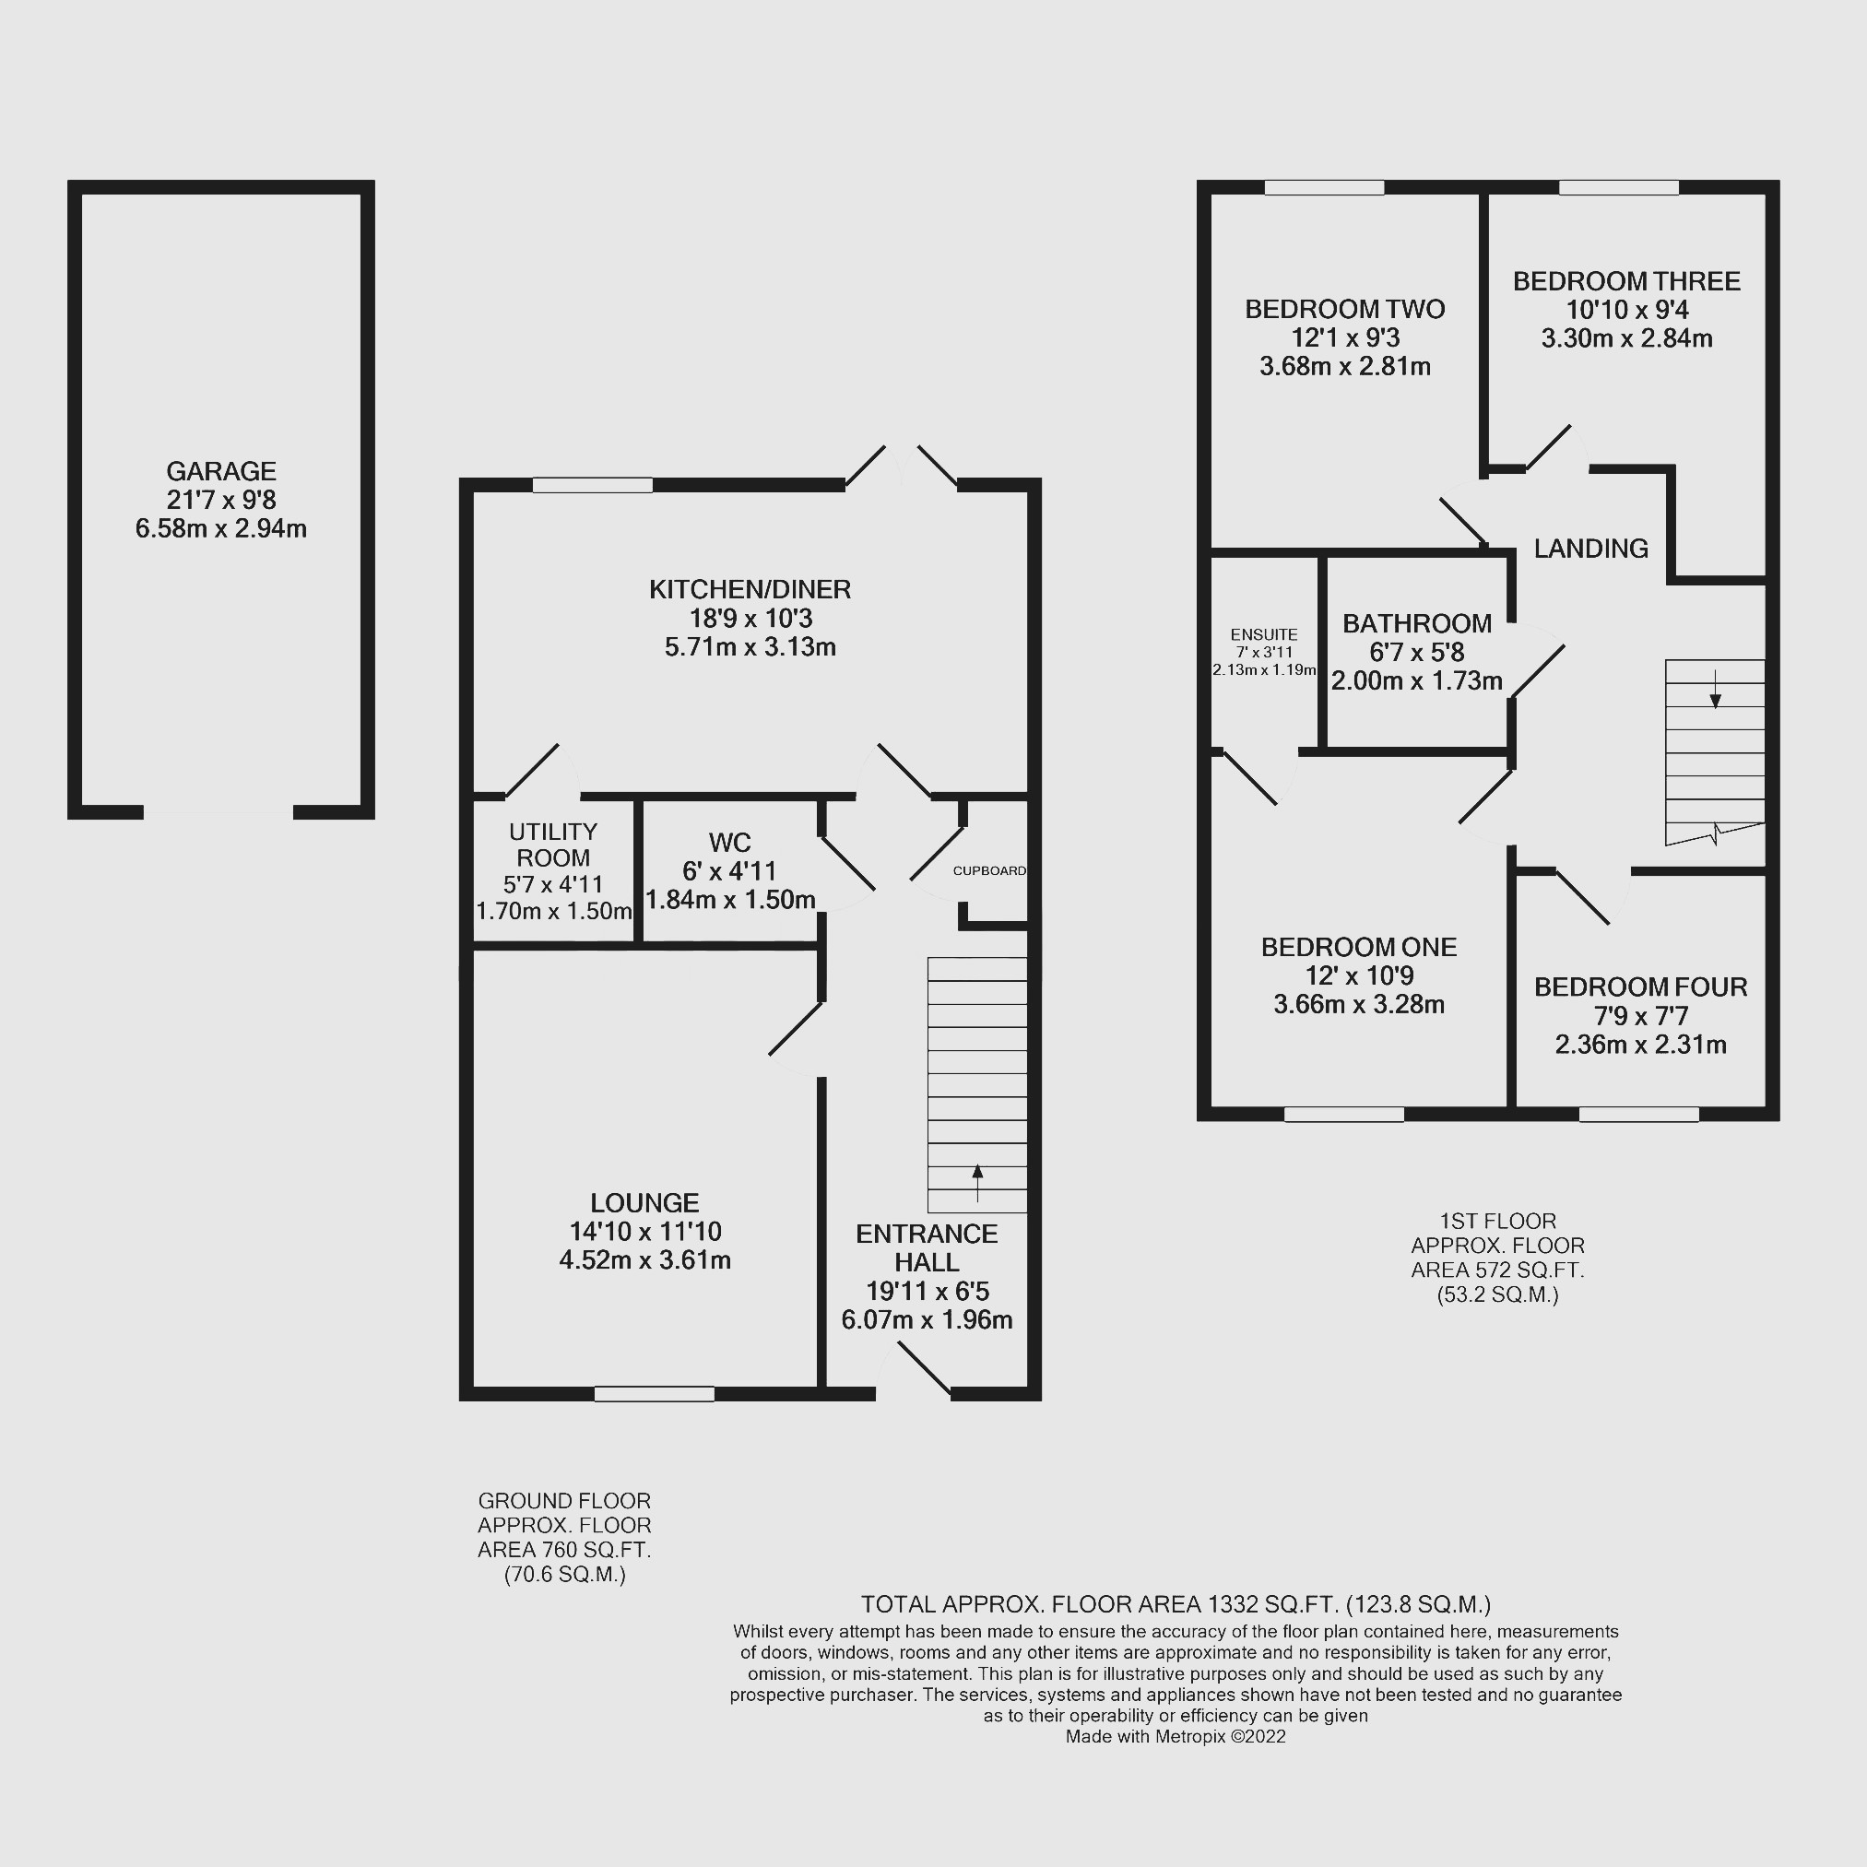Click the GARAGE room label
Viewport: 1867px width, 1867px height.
coord(221,471)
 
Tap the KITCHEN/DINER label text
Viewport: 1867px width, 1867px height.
coord(750,589)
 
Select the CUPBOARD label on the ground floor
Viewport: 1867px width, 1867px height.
coord(988,870)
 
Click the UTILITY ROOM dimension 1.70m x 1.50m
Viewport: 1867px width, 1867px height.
coord(554,911)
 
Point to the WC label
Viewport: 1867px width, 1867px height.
coord(729,843)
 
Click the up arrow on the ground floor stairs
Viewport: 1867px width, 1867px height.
coord(977,1183)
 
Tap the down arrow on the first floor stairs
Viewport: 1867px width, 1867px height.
coord(1715,688)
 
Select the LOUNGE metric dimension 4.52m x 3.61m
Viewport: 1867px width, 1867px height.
coord(645,1260)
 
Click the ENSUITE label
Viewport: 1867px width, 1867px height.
coord(1264,635)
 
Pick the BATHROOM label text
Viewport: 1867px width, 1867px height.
coord(1417,623)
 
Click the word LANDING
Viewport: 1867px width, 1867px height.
coord(1590,549)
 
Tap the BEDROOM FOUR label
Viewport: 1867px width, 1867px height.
coord(1641,987)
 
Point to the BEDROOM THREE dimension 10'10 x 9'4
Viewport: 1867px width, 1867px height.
coord(1627,310)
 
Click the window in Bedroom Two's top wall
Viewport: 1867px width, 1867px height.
coord(1324,187)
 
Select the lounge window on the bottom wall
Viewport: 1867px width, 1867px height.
coord(655,1393)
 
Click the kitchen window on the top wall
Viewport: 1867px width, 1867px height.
coord(593,485)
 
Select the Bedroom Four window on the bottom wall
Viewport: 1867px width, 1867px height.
coord(1639,1115)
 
